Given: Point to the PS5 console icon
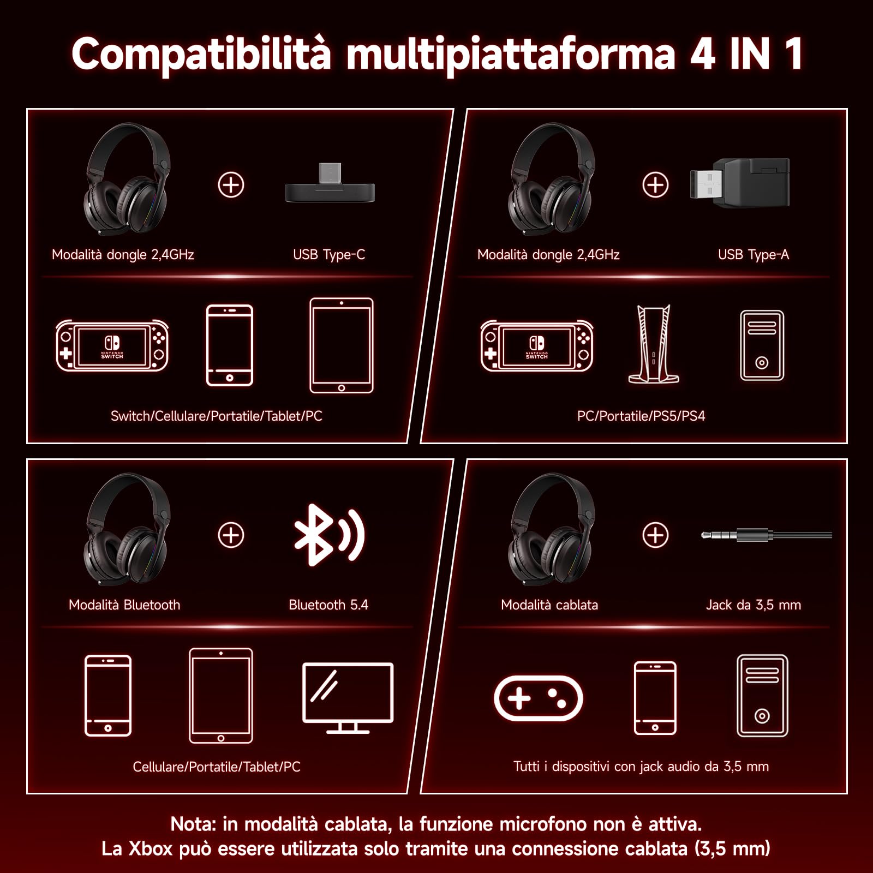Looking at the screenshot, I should (654, 345).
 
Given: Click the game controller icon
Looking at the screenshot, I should (538, 698).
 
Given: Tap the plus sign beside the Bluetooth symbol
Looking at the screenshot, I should (231, 535).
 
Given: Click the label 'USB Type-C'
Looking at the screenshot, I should (328, 255).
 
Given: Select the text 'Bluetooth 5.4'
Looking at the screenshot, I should (328, 605).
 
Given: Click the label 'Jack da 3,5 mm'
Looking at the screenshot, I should (753, 605).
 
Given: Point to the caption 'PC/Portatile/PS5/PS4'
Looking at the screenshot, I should (641, 416).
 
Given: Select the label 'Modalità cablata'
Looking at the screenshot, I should (549, 605).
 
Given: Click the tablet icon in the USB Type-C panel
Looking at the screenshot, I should (342, 345).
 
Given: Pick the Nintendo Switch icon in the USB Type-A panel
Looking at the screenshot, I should (537, 345).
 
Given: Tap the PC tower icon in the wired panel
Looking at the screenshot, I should (762, 696).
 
